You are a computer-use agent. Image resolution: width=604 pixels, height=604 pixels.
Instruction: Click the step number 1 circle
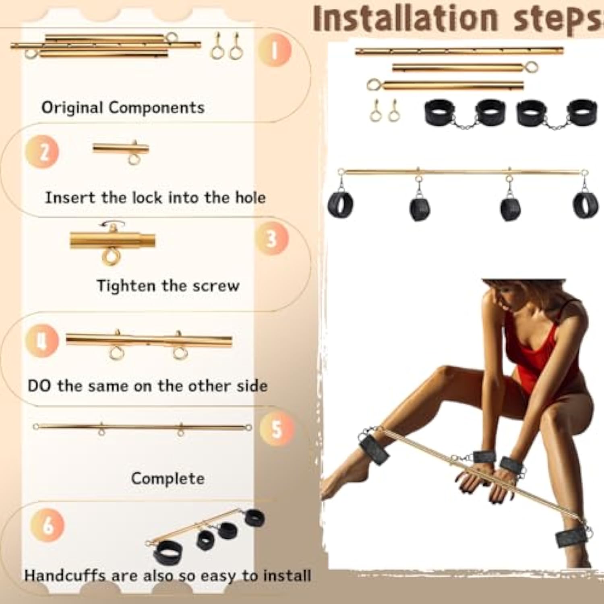click(275, 50)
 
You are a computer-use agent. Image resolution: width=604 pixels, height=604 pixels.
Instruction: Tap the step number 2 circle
click(42, 152)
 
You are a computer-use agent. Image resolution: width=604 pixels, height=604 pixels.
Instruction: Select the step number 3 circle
click(272, 238)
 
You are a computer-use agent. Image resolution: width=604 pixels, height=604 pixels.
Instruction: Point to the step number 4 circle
click(42, 341)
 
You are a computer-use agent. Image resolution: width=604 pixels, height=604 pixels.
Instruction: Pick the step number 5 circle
click(276, 428)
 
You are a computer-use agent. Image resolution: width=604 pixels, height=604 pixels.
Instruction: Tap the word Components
click(157, 108)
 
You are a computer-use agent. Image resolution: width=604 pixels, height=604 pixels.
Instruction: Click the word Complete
click(168, 479)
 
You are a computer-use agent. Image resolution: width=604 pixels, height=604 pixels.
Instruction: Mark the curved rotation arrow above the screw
click(113, 223)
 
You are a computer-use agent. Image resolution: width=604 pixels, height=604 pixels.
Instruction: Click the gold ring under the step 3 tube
click(111, 256)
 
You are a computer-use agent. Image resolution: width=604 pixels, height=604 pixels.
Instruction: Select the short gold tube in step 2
click(121, 148)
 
